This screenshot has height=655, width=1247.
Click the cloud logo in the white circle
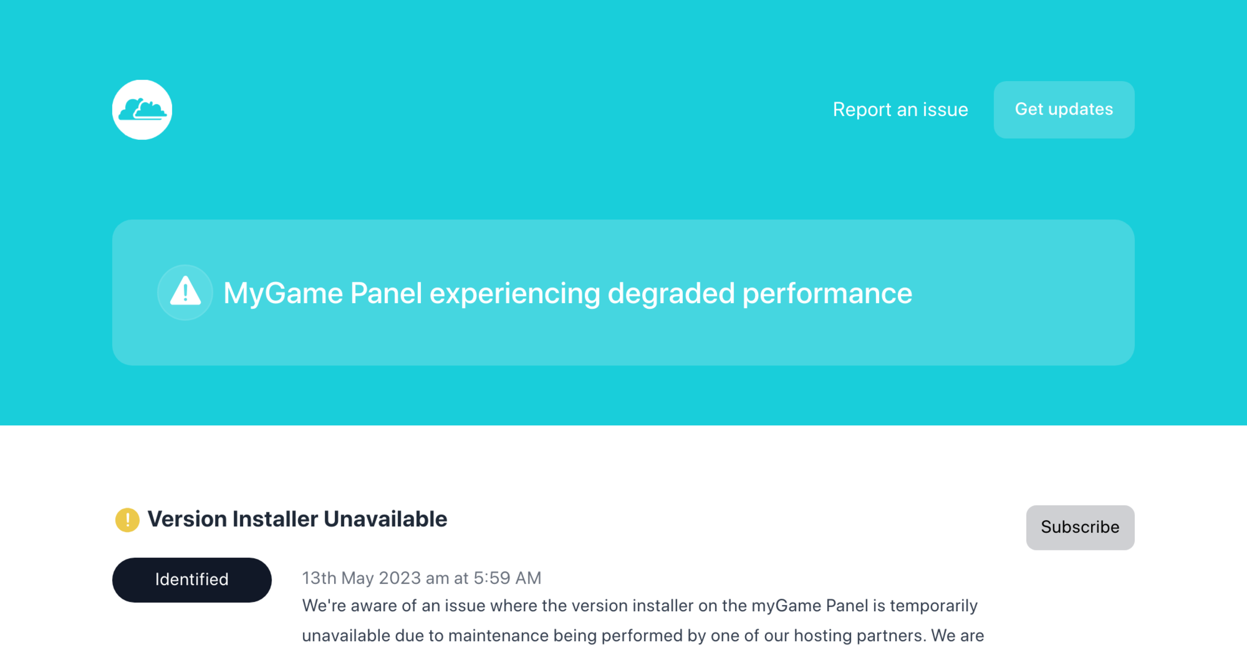pos(142,110)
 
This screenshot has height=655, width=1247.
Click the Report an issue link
pos(900,110)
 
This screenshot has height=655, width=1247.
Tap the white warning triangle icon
pos(185,292)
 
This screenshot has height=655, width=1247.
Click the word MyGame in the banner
pos(283,293)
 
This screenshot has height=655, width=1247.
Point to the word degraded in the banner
pos(670,293)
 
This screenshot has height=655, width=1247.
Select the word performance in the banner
pos(827,293)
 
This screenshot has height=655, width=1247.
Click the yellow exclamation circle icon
pos(127,520)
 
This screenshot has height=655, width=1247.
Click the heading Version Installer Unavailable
pos(297,519)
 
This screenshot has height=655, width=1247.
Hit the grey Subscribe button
pos(1080,527)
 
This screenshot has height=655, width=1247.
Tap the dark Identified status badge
pos(192,580)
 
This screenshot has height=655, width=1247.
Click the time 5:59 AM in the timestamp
pos(507,578)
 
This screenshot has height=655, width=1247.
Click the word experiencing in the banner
pos(514,293)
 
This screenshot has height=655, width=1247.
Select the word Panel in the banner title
pos(386,293)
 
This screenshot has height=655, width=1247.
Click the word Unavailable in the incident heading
pos(385,519)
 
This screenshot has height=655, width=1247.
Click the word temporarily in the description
pos(933,606)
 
